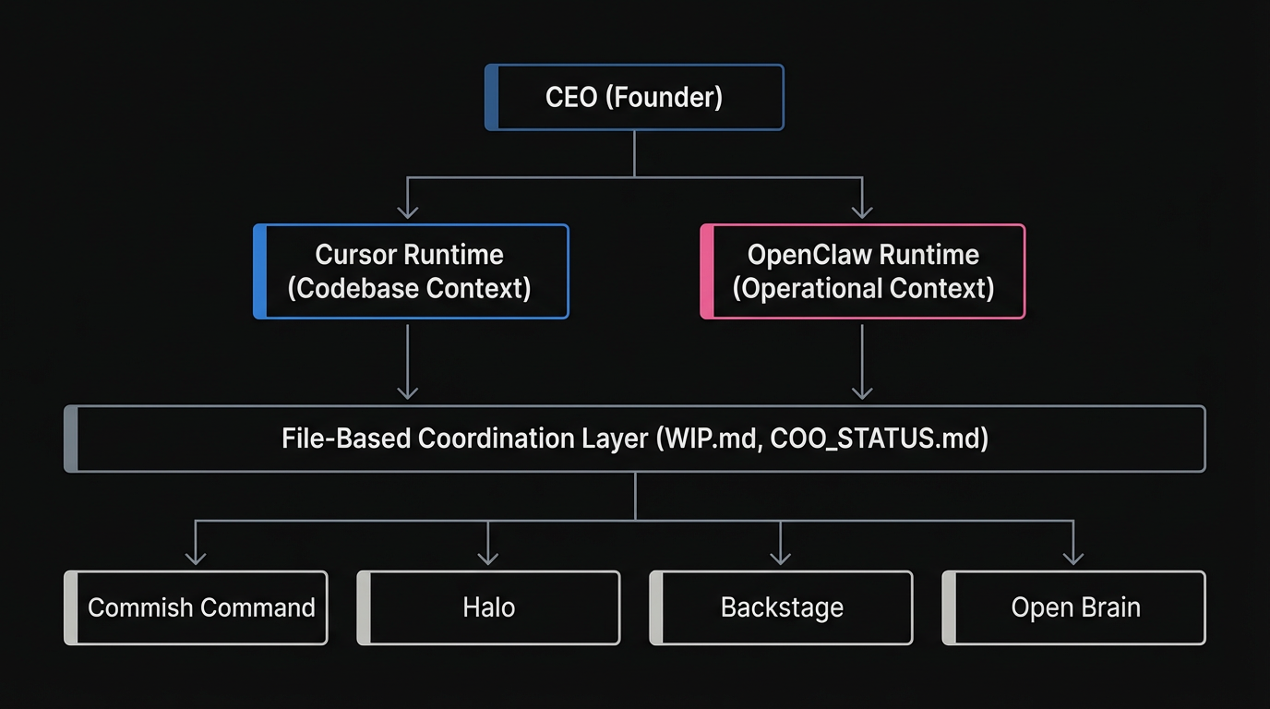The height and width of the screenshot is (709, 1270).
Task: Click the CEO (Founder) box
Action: [634, 97]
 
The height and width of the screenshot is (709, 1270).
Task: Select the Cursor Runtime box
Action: [411, 271]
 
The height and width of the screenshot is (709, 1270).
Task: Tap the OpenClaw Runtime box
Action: [863, 271]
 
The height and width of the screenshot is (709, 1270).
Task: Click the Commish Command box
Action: [196, 607]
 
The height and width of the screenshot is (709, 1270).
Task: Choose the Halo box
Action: [488, 607]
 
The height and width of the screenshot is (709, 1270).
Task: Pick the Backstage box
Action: [782, 607]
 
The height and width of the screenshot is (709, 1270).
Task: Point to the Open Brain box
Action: [1074, 607]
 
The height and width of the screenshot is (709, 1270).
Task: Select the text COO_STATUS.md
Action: [876, 439]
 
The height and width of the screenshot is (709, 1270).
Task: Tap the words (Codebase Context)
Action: [409, 288]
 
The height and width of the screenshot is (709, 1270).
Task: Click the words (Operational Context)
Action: [863, 288]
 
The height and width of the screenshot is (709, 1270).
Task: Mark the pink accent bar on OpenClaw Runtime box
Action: [707, 271]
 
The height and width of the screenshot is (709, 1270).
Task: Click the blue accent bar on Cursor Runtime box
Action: [260, 271]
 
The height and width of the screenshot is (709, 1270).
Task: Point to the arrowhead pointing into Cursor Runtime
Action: [407, 212]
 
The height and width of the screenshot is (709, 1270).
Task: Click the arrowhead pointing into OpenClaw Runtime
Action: [862, 212]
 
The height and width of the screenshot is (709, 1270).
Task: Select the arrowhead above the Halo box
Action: [488, 558]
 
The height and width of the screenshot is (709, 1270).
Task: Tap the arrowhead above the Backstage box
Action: [781, 558]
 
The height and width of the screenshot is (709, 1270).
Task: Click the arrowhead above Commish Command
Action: [195, 558]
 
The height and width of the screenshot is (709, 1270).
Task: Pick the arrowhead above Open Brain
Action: [1073, 558]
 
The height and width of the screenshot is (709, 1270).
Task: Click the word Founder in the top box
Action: [664, 97]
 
